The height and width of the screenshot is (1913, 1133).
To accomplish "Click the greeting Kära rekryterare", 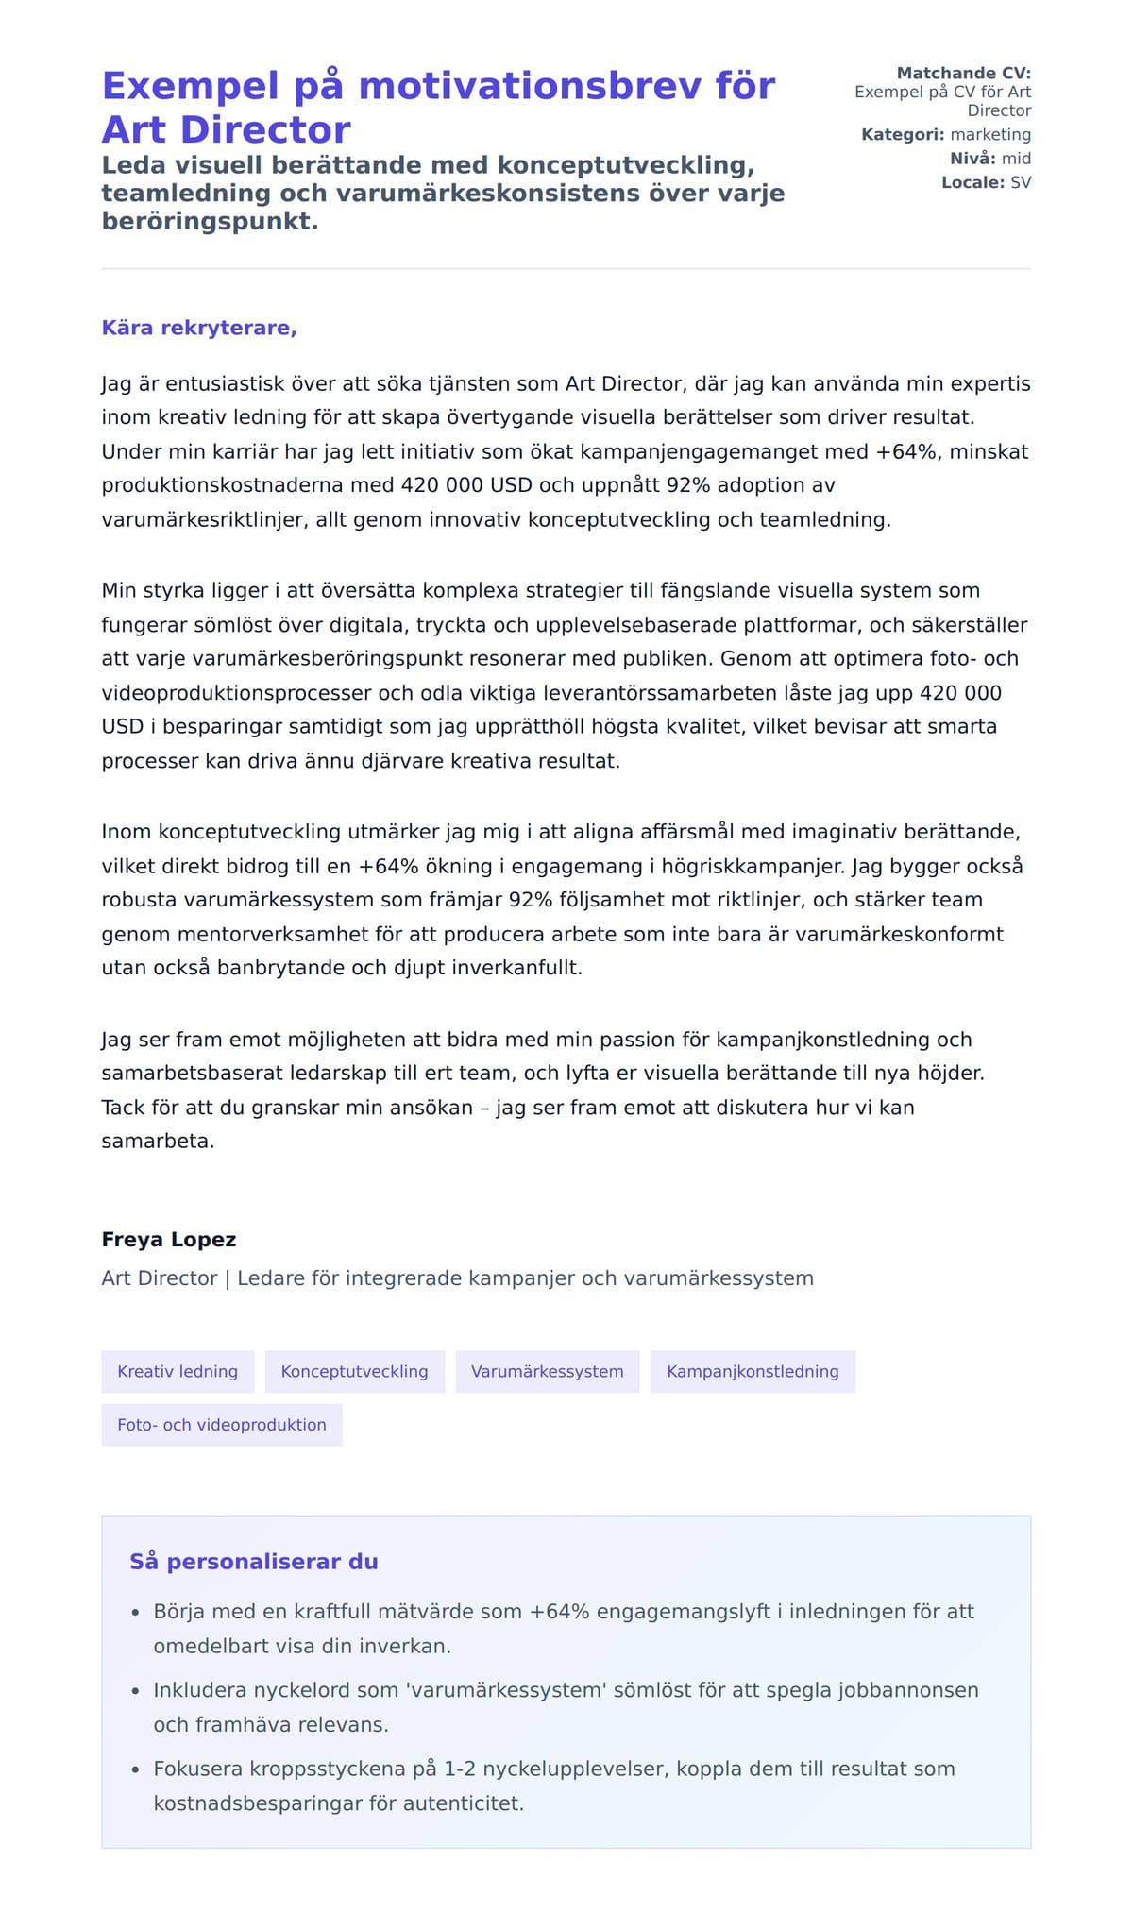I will tap(198, 328).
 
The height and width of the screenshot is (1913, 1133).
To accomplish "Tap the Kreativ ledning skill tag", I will tap(178, 1371).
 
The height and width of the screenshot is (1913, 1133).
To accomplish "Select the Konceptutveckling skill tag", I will tap(354, 1371).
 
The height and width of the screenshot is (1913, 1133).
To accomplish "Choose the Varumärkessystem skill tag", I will tap(547, 1371).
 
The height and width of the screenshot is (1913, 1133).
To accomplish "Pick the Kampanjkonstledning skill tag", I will tap(753, 1371).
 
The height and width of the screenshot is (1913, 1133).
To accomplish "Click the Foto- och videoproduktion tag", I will tap(221, 1425).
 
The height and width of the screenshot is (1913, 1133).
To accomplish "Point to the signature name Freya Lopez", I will tap(168, 1240).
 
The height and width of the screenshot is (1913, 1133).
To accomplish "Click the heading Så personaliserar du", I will tap(253, 1562).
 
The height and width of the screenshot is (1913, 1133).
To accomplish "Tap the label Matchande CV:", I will tap(963, 73).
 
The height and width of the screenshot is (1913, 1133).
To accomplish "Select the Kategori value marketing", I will tap(990, 134).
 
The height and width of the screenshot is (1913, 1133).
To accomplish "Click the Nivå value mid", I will tap(1016, 159).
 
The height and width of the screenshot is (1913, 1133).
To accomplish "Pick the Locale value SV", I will tap(1021, 182).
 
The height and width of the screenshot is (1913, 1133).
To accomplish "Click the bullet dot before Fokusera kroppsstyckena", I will tap(135, 1769).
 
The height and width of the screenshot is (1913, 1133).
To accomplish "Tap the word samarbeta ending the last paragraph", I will tap(157, 1141).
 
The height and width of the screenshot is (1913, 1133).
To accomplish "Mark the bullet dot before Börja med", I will tap(135, 1612).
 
